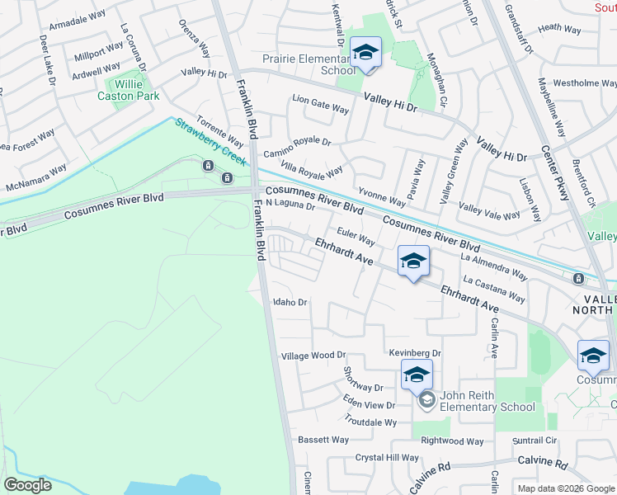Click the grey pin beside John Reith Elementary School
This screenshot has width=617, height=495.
426,401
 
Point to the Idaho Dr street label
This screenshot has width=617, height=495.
290,303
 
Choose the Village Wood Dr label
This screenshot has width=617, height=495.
313,356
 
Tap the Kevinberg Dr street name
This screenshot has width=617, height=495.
416,353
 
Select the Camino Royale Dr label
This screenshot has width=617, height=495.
297,148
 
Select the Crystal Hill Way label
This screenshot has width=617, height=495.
387,458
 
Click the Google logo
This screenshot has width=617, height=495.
28,484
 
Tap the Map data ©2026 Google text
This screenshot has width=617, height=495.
566,488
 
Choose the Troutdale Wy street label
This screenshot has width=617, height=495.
370,422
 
